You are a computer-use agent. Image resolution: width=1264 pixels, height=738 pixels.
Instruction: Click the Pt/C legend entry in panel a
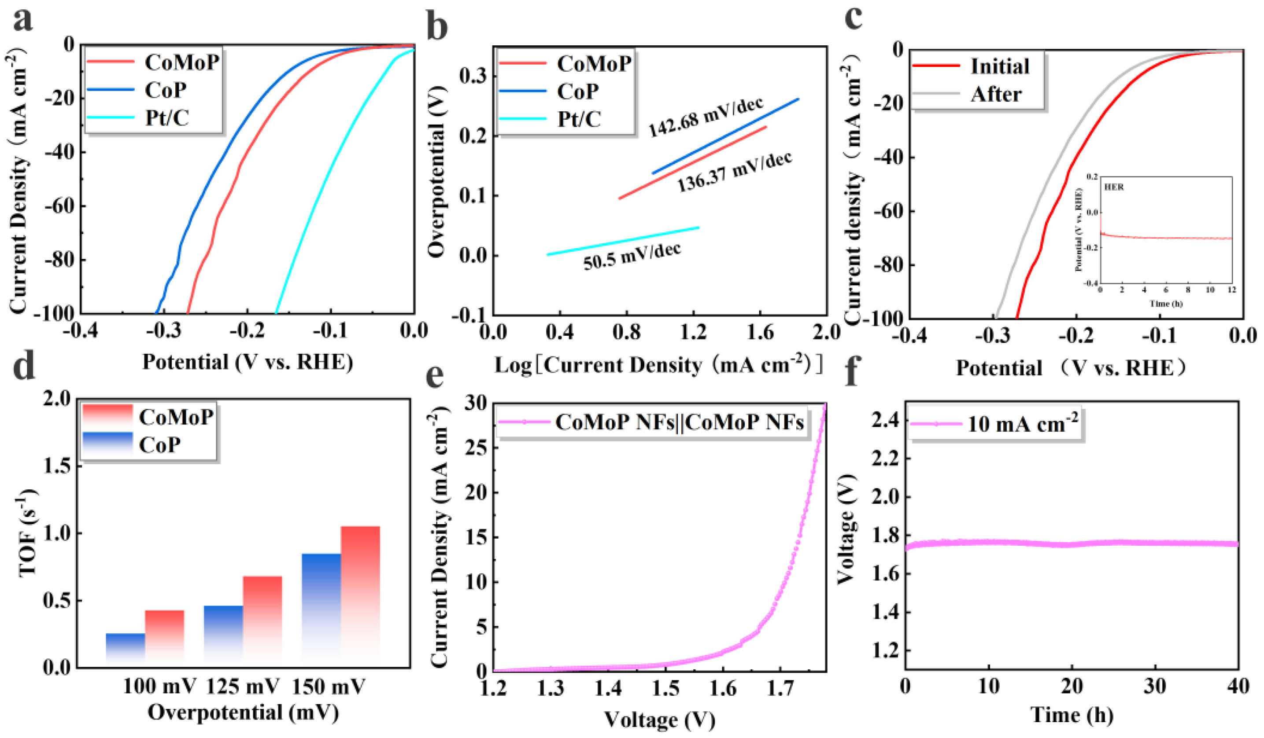pyautogui.click(x=167, y=118)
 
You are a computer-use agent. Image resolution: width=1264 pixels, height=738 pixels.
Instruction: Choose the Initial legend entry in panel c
pyautogui.click(x=999, y=66)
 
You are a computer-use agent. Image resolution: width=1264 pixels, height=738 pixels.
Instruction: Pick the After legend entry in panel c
pyautogui.click(x=996, y=94)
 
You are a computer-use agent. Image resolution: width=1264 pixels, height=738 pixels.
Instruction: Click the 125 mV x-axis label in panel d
pyautogui.click(x=243, y=687)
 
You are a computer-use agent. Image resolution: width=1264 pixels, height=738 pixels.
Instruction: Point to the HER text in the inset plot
pyautogui.click(x=1113, y=187)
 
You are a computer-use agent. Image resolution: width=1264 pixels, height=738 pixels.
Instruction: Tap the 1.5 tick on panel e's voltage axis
pyautogui.click(x=665, y=689)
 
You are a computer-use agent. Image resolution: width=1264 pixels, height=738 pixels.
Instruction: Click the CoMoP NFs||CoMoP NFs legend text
pyautogui.click(x=679, y=422)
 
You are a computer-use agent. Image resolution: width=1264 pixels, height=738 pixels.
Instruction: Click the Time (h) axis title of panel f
pyautogui.click(x=1072, y=714)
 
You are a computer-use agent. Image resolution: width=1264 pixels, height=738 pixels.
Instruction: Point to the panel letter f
pyautogui.click(x=853, y=371)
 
